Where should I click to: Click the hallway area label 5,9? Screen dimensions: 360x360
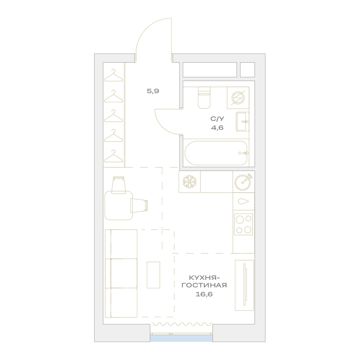tap(153, 91)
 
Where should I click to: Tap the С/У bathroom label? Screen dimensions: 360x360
tap(217, 119)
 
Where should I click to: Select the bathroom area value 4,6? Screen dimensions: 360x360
tap(217, 128)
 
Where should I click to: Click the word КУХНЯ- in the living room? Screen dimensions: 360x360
tap(203, 278)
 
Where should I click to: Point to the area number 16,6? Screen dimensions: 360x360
tap(204, 294)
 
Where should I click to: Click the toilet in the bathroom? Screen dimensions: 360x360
tap(204, 98)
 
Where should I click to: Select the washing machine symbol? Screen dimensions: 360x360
tap(238, 98)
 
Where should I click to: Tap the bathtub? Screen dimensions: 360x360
tap(216, 153)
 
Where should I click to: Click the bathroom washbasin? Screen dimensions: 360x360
tap(242, 122)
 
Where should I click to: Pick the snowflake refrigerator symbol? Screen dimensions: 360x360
tap(190, 182)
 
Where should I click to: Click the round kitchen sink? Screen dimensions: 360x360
tap(243, 181)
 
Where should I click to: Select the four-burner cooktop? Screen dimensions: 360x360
tap(243, 224)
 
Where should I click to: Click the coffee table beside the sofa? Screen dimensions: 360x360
tap(153, 275)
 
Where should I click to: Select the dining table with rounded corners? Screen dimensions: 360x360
tap(118, 206)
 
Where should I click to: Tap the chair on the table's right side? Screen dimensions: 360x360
tap(139, 206)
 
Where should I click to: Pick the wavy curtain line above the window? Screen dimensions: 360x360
tap(181, 324)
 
